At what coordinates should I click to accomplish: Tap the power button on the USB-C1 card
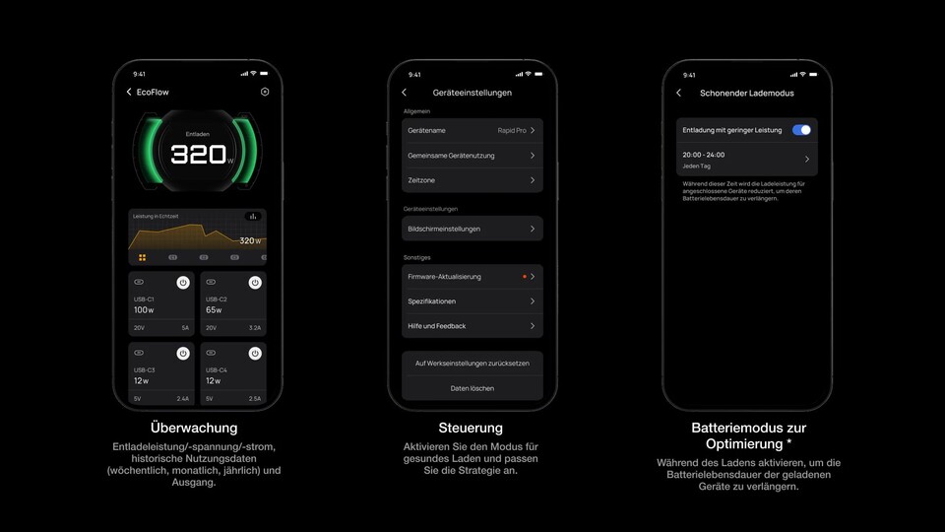click(x=183, y=283)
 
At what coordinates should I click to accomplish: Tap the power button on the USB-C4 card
click(x=254, y=354)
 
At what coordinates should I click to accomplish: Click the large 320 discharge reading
click(x=199, y=155)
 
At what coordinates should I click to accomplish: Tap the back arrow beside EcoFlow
click(x=129, y=92)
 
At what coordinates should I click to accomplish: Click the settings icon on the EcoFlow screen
click(x=265, y=92)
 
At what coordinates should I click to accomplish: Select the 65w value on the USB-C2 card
click(x=214, y=310)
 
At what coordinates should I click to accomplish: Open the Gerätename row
click(x=472, y=130)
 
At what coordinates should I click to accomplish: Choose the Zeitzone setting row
click(x=472, y=180)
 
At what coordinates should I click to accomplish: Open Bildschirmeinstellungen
click(x=472, y=229)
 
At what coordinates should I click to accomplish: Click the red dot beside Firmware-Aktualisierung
click(x=525, y=277)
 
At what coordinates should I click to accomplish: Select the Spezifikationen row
click(x=472, y=301)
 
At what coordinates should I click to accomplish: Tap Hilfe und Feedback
click(x=472, y=326)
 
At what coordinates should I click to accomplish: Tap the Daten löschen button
click(x=472, y=388)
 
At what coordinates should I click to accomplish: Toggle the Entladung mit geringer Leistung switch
click(x=801, y=129)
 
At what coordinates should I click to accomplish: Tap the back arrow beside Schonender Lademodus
click(x=679, y=93)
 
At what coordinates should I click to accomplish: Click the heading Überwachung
click(x=194, y=428)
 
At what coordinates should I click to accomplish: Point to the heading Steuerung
click(x=471, y=428)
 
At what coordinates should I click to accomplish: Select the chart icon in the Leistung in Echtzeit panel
click(x=253, y=216)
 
